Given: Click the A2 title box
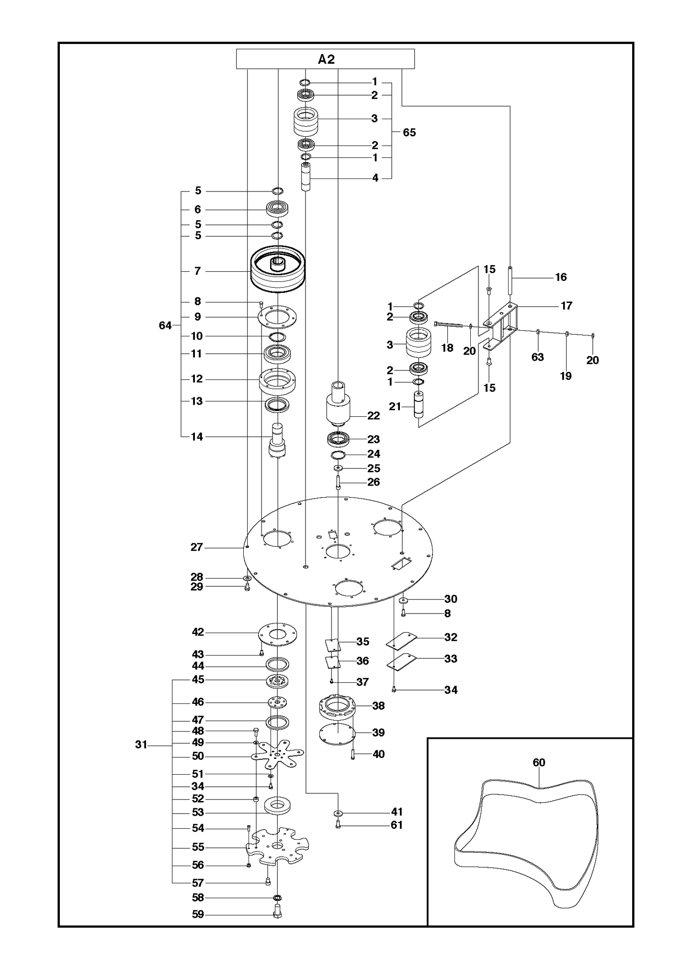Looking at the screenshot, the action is tap(326, 59).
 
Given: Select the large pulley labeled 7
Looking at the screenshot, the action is tap(277, 269).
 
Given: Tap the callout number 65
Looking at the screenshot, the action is tap(409, 133).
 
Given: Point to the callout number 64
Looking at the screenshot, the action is tap(165, 325).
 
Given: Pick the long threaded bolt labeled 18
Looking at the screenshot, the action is tap(450, 324).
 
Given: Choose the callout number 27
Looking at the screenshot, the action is tap(197, 547).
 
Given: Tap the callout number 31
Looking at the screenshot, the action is tap(141, 745).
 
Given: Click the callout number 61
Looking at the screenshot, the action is tap(397, 824).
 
